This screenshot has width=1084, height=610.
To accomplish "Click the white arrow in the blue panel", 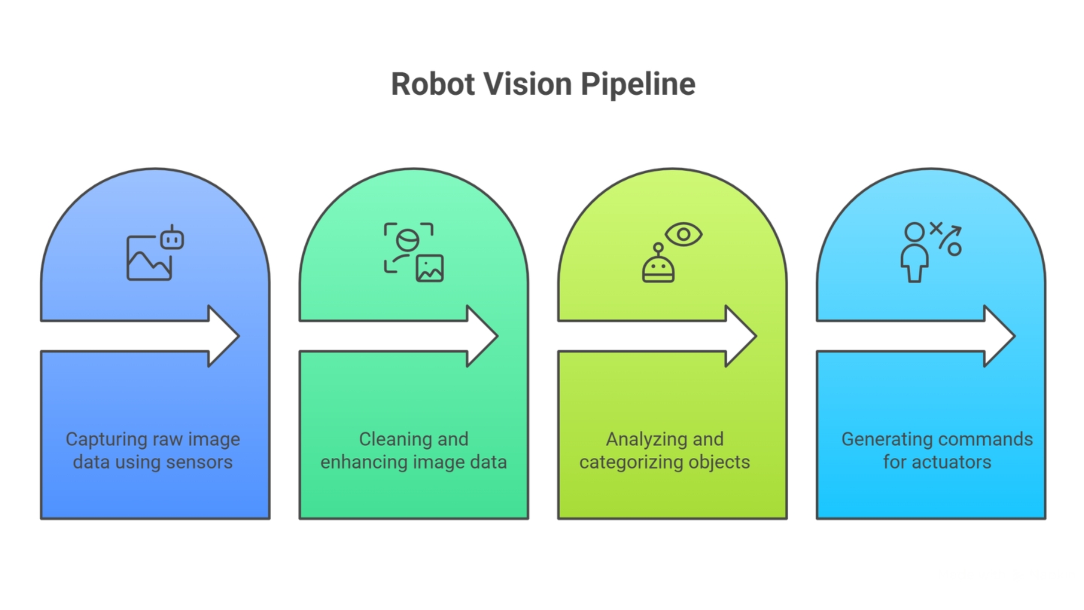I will coord(143,336).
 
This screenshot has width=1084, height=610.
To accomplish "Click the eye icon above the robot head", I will coord(684,234).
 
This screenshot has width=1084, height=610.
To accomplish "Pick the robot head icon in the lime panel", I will coord(658,265).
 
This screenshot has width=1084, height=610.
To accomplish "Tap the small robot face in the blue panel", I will coord(172,238).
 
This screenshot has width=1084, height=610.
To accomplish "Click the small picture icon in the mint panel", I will coord(430,268).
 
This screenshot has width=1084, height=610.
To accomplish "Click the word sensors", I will coord(199,462).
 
